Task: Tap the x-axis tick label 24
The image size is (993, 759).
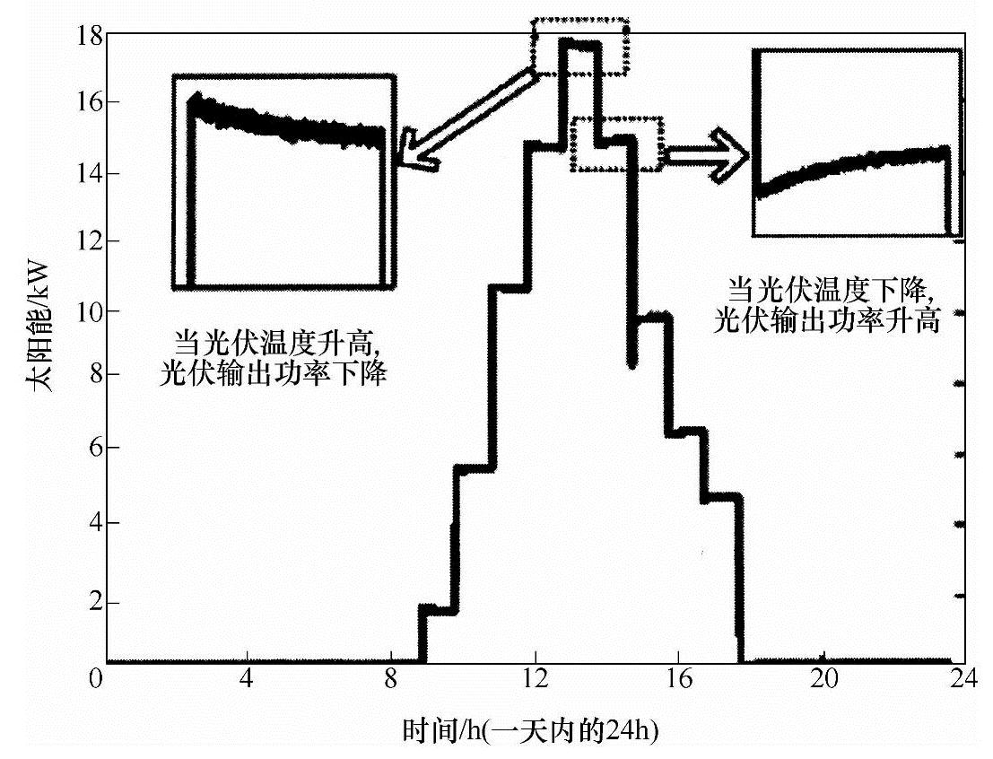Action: [x=963, y=678]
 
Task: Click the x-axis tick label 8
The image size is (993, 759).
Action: [x=391, y=678]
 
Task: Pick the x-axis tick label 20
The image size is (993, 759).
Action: [x=823, y=678]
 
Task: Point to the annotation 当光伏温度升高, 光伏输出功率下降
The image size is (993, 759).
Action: [x=273, y=358]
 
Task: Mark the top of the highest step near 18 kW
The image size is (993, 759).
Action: [x=579, y=43]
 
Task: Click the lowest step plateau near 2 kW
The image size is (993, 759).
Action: [x=439, y=610]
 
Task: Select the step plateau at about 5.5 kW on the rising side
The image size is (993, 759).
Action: [x=474, y=467]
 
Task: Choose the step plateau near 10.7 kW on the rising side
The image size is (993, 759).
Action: [x=510, y=288]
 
